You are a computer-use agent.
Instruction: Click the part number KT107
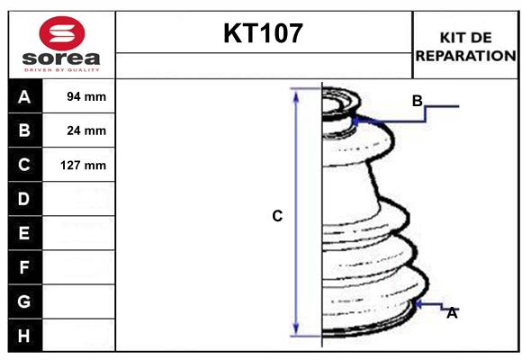coord(263,34)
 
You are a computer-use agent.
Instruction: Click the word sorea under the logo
coord(59,58)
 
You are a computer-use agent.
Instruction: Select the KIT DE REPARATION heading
coord(464,46)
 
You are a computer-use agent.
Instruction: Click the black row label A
coord(24,96)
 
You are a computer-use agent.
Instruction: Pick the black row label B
coord(24,130)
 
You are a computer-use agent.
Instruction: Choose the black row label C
coord(24,165)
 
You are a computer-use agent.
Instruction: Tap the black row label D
coord(24,199)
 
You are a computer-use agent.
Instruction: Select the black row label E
coord(24,233)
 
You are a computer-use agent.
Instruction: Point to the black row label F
coord(24,267)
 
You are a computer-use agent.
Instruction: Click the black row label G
coord(24,301)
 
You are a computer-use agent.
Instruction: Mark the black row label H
coord(24,336)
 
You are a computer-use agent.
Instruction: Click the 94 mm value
coord(86,96)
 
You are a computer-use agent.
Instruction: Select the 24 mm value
coord(86,130)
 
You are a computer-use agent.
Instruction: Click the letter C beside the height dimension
coord(277,216)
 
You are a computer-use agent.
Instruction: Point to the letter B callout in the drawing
coord(417,100)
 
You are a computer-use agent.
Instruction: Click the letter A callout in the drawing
coord(452,313)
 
